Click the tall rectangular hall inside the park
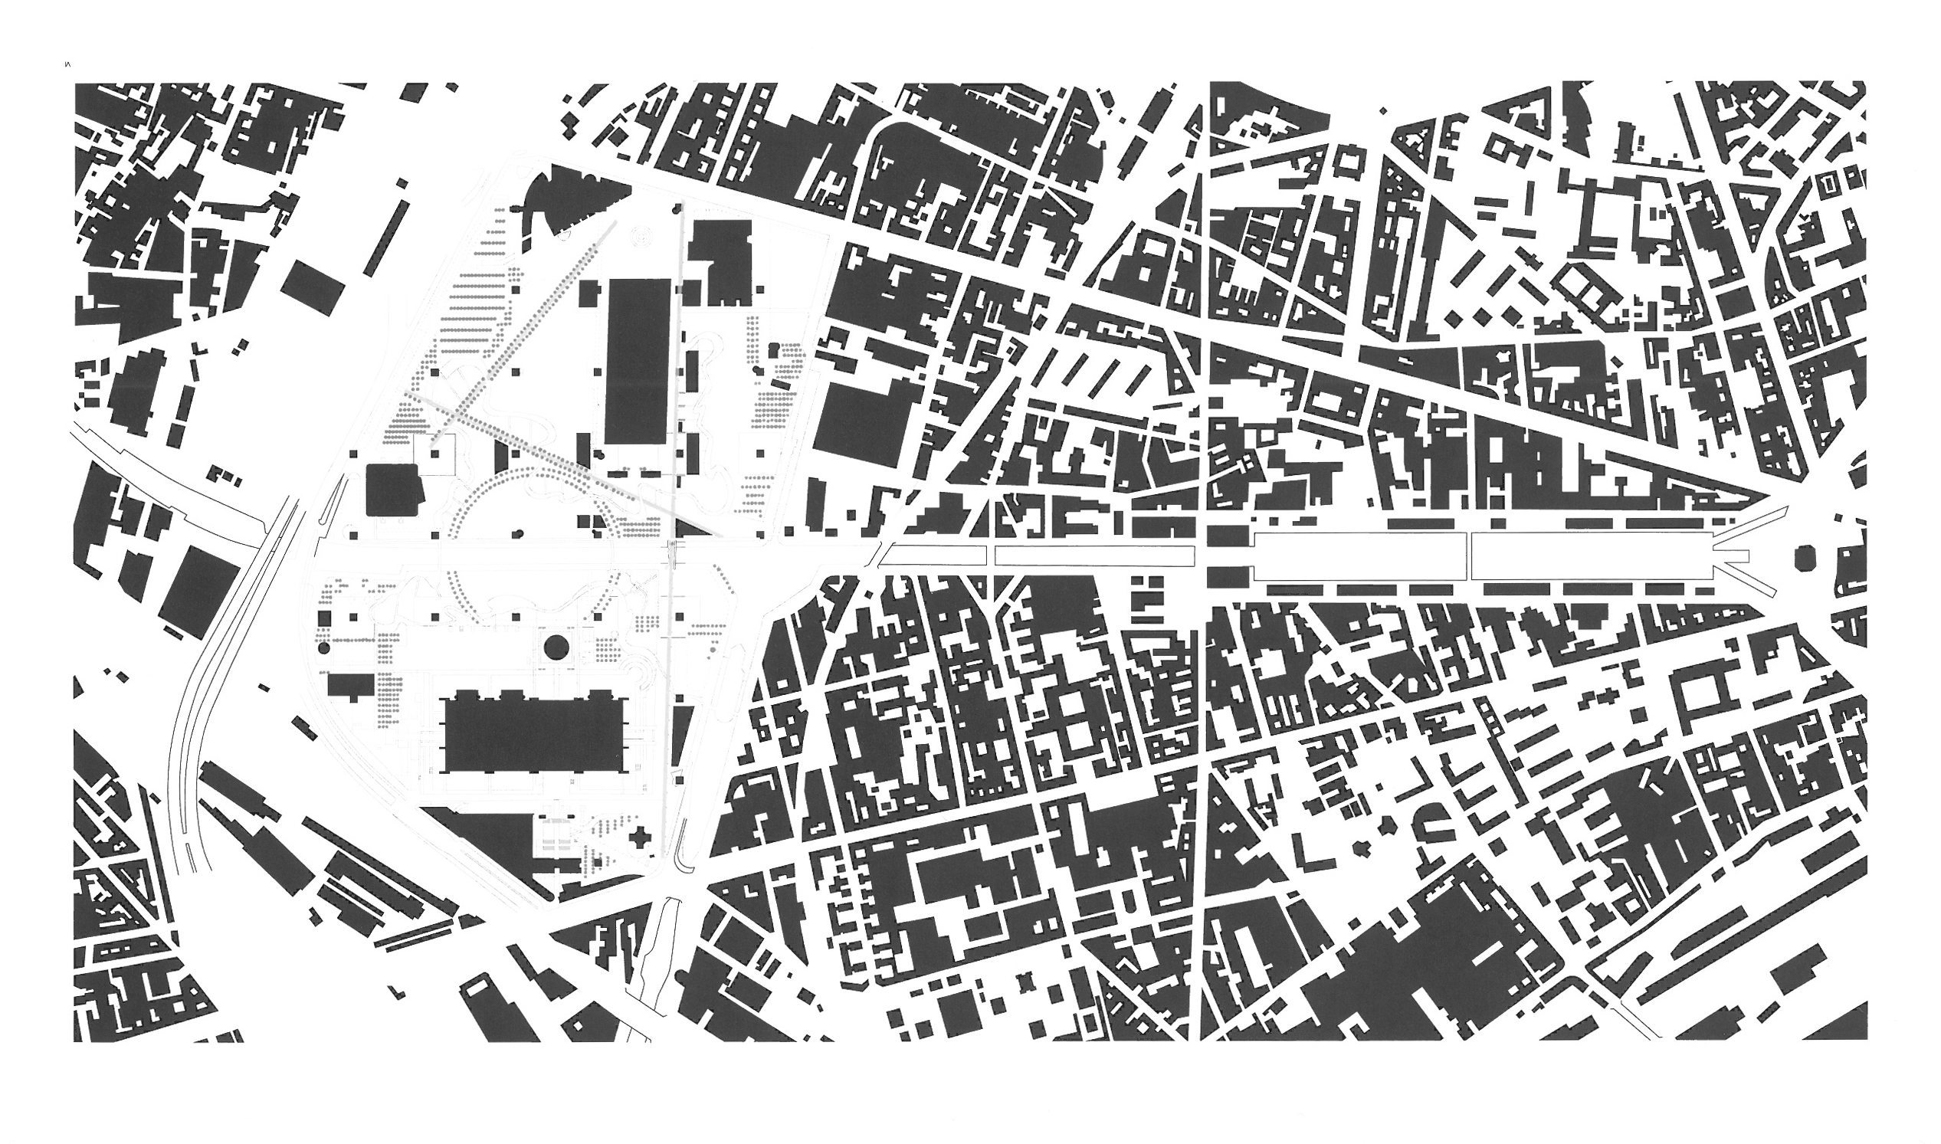(x=638, y=361)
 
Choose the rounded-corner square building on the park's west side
(x=393, y=490)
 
